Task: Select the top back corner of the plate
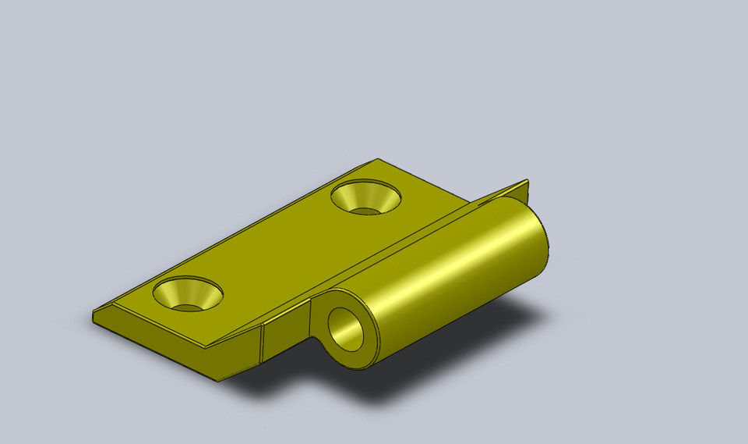[x=378, y=159]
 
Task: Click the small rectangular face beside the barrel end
[x=285, y=336]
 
